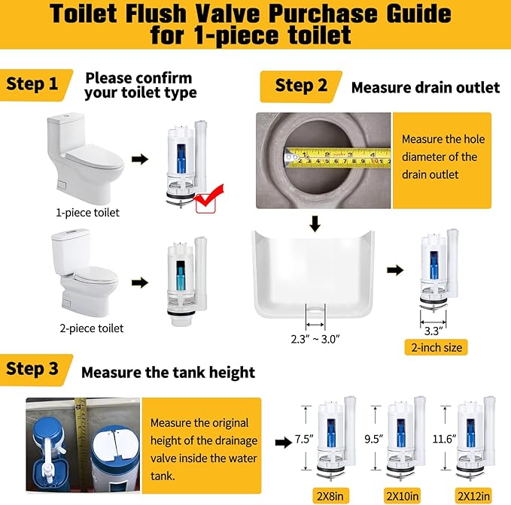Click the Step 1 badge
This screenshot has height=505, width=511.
click(x=35, y=84)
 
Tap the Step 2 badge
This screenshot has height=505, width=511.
click(x=300, y=86)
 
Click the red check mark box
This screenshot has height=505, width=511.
click(x=207, y=201)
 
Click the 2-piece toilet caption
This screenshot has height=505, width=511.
click(x=92, y=328)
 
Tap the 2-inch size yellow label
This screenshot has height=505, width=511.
click(x=436, y=347)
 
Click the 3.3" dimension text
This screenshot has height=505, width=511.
click(x=435, y=329)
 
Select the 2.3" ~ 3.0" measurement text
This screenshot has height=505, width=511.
click(x=315, y=338)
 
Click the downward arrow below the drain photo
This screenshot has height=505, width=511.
click(x=316, y=222)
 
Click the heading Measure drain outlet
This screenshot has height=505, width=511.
click(x=425, y=87)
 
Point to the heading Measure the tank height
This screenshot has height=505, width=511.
click(x=168, y=372)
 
